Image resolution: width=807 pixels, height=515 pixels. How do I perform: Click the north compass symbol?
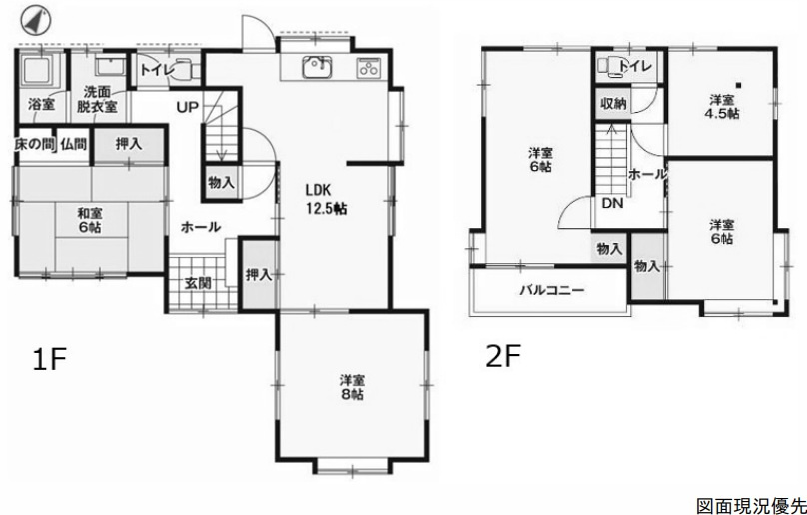(x=36, y=20)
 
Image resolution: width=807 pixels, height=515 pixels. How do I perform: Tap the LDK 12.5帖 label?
(x=326, y=199)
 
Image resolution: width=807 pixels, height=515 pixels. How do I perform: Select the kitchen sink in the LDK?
(x=318, y=67)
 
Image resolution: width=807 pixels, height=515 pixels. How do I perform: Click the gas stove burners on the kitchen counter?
(x=368, y=68)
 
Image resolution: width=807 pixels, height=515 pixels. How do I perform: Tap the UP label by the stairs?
(x=188, y=107)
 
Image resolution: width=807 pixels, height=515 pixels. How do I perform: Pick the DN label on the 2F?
(x=612, y=204)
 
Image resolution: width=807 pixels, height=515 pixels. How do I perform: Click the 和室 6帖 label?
(x=89, y=220)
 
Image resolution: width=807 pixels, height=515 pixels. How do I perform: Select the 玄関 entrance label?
(x=198, y=283)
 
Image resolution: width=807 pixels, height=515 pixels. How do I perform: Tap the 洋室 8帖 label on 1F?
(x=352, y=387)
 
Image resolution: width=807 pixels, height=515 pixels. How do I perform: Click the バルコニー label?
(x=551, y=290)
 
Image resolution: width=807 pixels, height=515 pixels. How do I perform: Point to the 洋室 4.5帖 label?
(x=721, y=107)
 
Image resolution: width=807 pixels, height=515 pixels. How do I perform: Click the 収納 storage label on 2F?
(x=613, y=104)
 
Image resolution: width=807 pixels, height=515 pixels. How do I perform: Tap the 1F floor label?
(x=50, y=359)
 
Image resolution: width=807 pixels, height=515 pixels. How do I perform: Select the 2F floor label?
(x=504, y=356)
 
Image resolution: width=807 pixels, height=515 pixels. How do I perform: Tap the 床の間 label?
(x=34, y=144)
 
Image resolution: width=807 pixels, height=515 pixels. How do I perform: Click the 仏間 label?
(x=73, y=144)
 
